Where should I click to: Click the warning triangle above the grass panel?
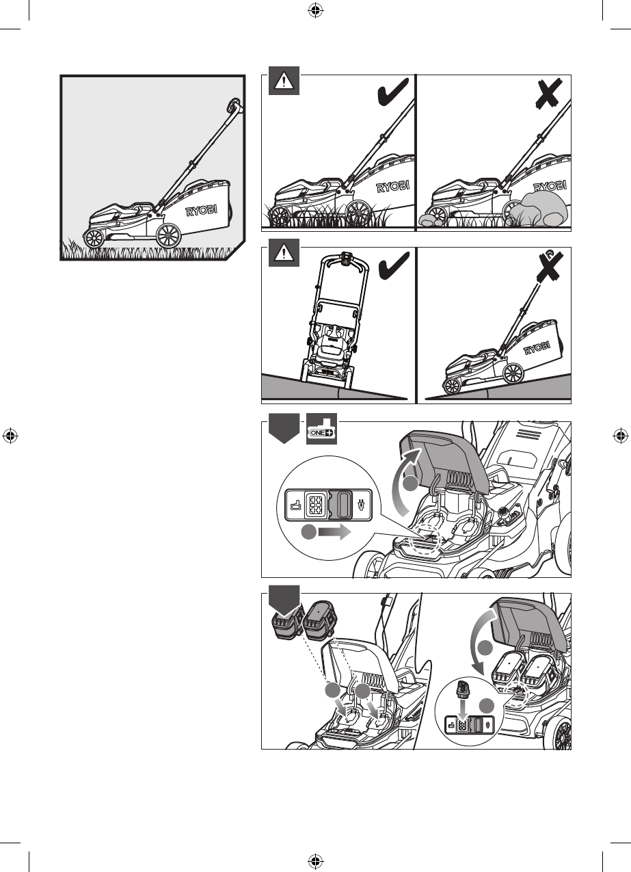pyautogui.click(x=284, y=81)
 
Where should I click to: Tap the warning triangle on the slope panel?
pyautogui.click(x=284, y=252)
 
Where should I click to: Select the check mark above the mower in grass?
pyautogui.click(x=393, y=92)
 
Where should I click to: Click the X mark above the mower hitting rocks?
pyautogui.click(x=548, y=94)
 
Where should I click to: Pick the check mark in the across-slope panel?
pyautogui.click(x=393, y=265)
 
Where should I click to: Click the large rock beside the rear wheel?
pyautogui.click(x=539, y=210)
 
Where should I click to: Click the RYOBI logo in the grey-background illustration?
pyautogui.click(x=201, y=211)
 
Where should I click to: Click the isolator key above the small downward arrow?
pyautogui.click(x=463, y=689)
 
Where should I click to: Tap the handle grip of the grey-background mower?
pyautogui.click(x=234, y=106)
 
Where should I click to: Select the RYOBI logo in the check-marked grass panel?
pyautogui.click(x=393, y=187)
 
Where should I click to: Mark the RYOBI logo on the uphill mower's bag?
pyautogui.click(x=537, y=348)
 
